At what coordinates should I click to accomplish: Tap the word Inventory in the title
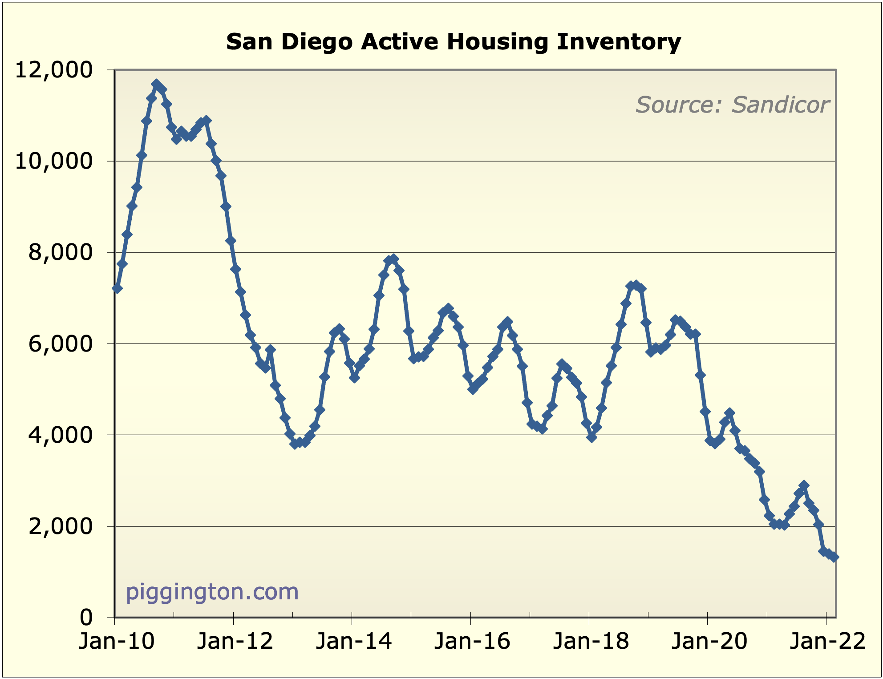click(x=619, y=42)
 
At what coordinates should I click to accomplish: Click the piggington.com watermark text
click(x=212, y=592)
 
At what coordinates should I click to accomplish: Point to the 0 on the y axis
click(x=86, y=617)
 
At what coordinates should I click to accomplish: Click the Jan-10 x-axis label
click(x=117, y=641)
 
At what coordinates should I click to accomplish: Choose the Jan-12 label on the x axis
click(x=235, y=641)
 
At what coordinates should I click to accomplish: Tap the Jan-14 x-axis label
click(x=353, y=641)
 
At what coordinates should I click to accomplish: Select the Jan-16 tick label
click(x=472, y=641)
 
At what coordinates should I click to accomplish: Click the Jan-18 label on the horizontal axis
click(x=591, y=641)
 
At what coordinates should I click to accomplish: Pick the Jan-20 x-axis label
click(x=709, y=641)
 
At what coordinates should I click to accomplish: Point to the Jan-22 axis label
click(x=827, y=641)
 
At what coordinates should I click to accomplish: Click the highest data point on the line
click(x=156, y=84)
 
